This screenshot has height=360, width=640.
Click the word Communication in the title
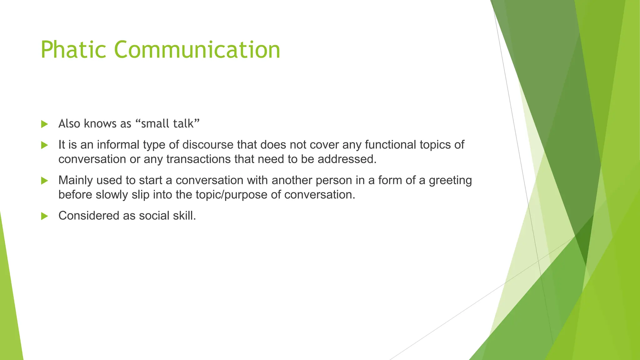pos(197,50)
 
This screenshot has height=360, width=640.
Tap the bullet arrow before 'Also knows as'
pos(44,124)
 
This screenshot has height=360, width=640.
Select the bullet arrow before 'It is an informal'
pos(44,145)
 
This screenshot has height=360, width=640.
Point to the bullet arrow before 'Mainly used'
pos(44,181)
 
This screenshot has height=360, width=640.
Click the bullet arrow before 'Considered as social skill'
pos(44,216)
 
